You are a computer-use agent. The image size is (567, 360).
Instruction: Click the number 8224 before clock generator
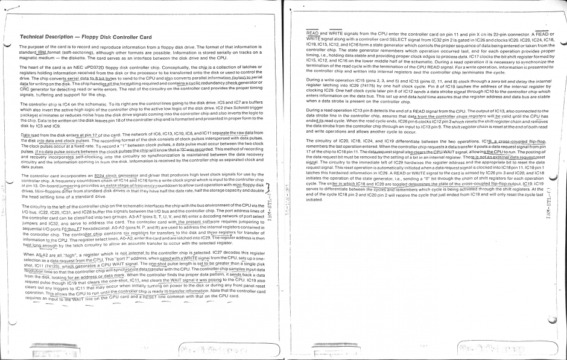click(x=93, y=175)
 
